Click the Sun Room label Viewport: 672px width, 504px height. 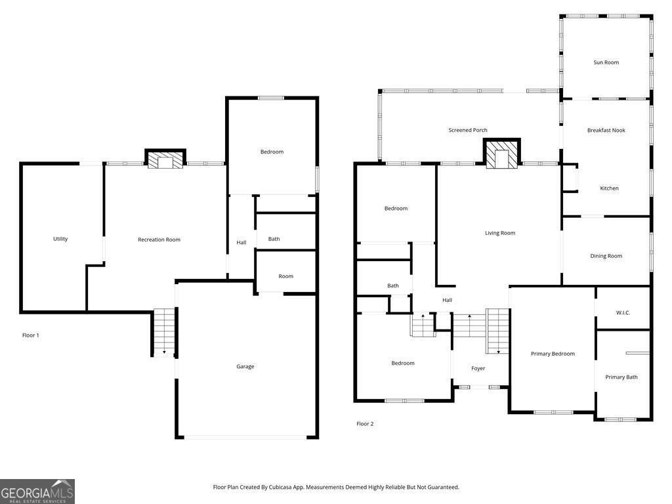click(606, 62)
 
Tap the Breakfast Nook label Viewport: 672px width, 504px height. click(606, 130)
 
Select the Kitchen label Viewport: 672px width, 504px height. click(609, 188)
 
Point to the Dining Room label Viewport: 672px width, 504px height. click(606, 256)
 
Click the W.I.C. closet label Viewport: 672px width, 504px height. click(623, 312)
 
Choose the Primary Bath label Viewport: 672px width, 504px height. click(621, 377)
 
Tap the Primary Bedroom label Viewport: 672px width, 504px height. click(553, 354)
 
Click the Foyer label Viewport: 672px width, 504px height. click(478, 368)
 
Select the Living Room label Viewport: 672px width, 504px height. click(500, 233)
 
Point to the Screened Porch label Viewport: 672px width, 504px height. click(468, 130)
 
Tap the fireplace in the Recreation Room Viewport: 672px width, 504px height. click(165, 160)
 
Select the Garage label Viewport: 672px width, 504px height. click(245, 366)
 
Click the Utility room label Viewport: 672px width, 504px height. click(60, 239)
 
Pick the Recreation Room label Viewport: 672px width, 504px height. click(159, 240)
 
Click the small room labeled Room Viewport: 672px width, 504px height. click(285, 276)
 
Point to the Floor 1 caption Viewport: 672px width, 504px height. click(31, 335)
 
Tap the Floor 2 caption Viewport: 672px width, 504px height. click(365, 424)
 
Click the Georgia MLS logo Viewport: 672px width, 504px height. click(37, 492)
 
